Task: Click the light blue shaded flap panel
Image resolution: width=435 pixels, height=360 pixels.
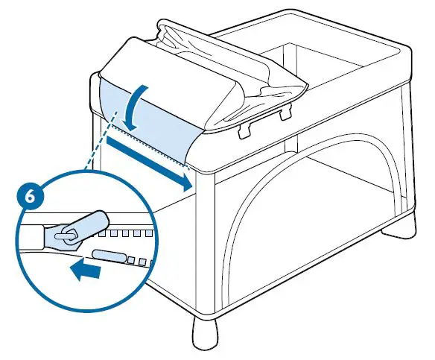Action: pos(145,119)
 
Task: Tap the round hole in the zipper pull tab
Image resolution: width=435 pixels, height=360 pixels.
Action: pos(62,233)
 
